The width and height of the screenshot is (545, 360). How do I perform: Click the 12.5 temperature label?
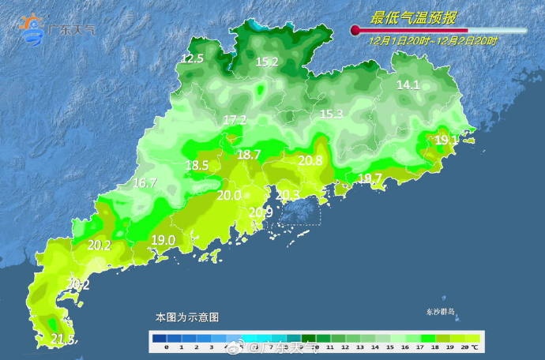tap(193, 59)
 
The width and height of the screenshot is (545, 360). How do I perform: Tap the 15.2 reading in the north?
tap(266, 62)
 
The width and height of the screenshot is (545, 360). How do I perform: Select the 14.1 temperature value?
tap(408, 85)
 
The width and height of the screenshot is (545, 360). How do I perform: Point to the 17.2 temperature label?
tap(235, 120)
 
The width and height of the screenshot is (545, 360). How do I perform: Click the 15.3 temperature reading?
tap(331, 114)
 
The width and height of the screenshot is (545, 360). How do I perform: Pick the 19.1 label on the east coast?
tap(446, 140)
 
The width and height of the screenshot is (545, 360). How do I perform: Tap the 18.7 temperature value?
tap(249, 156)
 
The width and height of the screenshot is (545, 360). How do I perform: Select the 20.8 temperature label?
tap(310, 161)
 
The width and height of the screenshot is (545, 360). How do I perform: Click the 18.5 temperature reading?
tap(197, 166)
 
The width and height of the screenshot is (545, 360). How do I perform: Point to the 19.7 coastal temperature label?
tap(370, 178)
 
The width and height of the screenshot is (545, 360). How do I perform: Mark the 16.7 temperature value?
tap(145, 183)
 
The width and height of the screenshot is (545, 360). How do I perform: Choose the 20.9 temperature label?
tap(261, 212)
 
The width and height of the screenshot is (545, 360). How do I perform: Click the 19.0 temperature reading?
tap(163, 240)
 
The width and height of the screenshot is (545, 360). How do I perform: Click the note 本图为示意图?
tap(186, 317)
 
